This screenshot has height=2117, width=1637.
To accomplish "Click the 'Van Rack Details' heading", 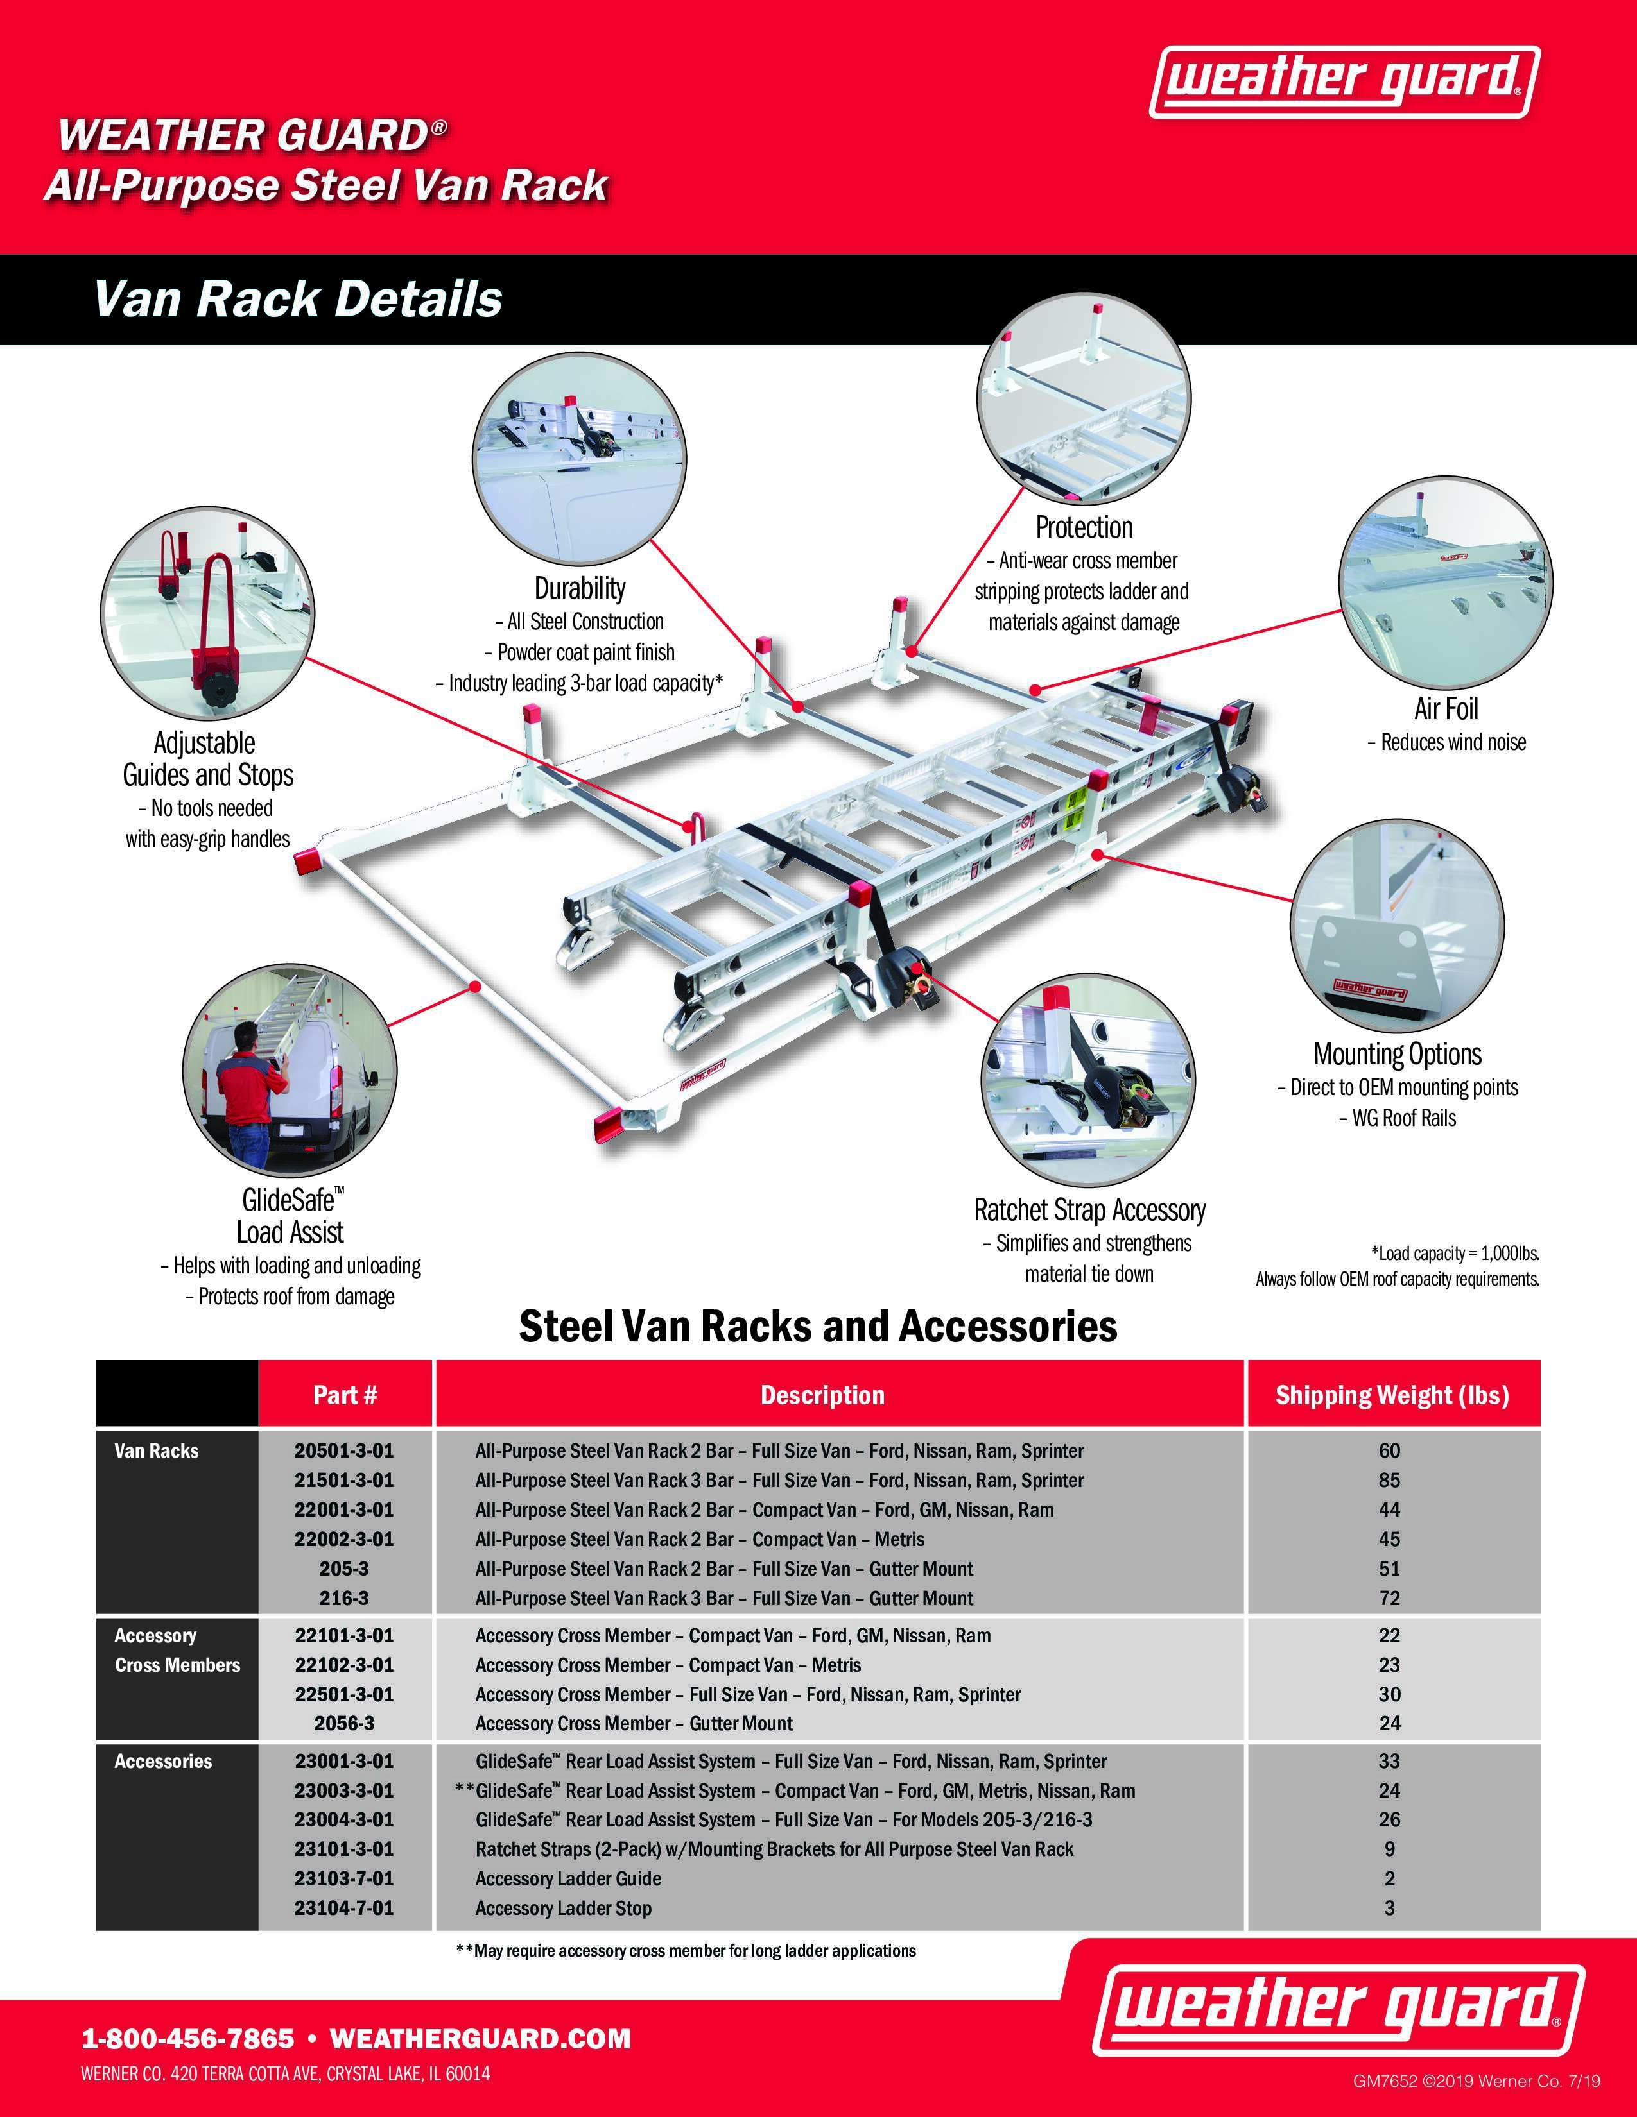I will [x=298, y=300].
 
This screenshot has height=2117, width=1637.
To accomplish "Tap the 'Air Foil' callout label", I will [x=1446, y=709].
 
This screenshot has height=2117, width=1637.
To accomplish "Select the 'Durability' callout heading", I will [x=580, y=588].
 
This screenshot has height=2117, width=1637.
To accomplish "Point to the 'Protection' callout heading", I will [x=1083, y=527].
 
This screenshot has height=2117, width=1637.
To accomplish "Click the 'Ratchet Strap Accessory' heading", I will [x=1089, y=1210].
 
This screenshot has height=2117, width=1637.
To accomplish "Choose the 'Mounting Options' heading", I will [x=1398, y=1053].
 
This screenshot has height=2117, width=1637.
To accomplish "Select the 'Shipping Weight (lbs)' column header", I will [x=1392, y=1395].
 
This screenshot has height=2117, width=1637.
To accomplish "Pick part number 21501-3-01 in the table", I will [x=344, y=1480].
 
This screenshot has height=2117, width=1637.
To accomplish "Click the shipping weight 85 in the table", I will [x=1390, y=1480].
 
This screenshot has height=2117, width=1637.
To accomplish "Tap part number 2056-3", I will [x=344, y=1724].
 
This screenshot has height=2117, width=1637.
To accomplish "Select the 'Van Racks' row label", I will [x=156, y=1451].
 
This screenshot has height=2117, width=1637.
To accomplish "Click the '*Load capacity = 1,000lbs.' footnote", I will [x=1455, y=1254].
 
